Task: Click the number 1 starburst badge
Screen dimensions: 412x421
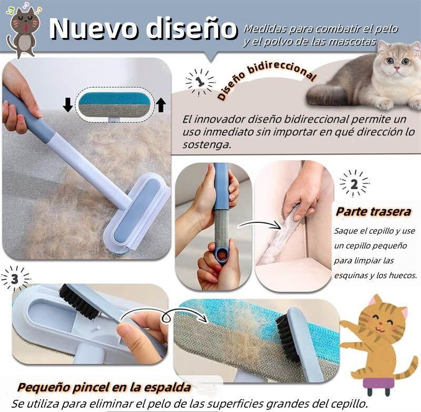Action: pos(200,82)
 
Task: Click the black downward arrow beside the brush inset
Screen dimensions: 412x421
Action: pos(67,105)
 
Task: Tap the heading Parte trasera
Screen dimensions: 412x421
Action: pos(374,212)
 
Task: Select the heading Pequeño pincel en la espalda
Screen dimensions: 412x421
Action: pos(104,388)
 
